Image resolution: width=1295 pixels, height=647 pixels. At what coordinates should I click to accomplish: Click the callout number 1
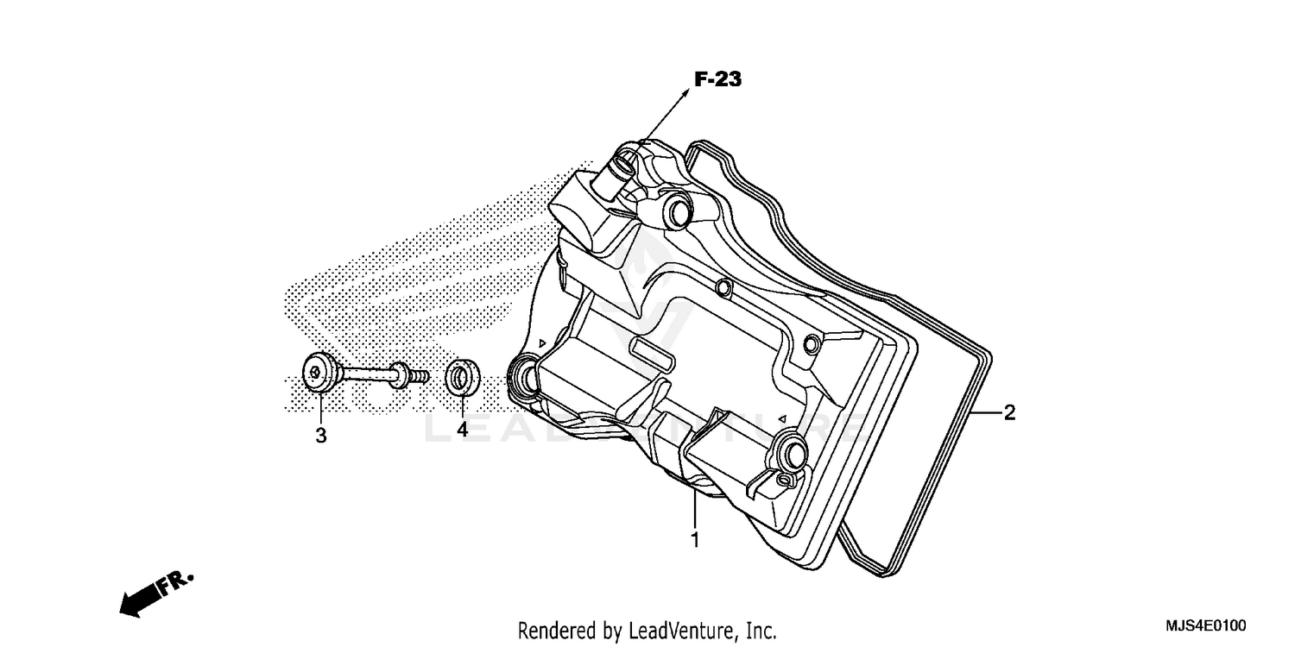point(694,541)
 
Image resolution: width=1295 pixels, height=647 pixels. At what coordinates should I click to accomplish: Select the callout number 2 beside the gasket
point(1009,412)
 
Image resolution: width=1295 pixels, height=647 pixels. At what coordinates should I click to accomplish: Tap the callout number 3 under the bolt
point(320,436)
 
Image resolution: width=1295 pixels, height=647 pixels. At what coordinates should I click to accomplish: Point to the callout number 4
point(462,429)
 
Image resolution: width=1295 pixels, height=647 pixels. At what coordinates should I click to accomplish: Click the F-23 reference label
point(717,80)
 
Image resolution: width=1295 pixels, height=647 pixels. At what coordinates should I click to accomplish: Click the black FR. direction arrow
point(143,597)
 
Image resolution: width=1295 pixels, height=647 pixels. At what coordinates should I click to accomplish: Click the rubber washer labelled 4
point(459,378)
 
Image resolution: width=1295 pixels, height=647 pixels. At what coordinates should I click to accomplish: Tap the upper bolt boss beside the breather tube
point(679,210)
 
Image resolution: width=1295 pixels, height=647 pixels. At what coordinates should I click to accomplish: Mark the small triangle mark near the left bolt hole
point(541,343)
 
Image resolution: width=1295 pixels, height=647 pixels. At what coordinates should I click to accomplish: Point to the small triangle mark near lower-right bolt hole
point(780,418)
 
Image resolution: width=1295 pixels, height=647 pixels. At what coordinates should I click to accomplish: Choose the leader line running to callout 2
point(987,413)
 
